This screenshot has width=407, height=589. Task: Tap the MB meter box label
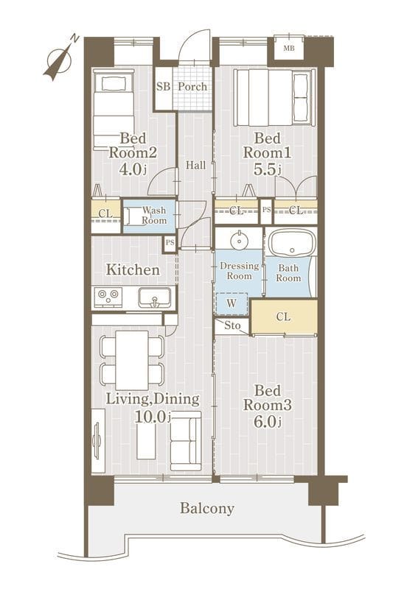point(289,48)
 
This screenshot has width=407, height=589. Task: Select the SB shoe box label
point(163,87)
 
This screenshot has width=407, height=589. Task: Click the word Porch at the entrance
point(192,87)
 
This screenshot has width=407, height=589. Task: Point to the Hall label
point(195,165)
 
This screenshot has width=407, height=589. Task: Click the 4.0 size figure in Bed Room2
point(131,169)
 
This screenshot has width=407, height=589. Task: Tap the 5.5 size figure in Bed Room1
point(265,169)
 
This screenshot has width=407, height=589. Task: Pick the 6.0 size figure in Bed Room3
point(265,421)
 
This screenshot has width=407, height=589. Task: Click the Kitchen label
point(133,269)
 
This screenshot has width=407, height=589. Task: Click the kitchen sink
point(154,297)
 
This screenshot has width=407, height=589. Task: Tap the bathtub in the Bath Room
point(293,242)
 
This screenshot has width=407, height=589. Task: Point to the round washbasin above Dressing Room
point(238,240)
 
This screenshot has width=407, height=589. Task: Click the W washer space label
point(232,303)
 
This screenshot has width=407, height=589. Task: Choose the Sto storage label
point(232,325)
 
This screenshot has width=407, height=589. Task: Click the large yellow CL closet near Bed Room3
point(284,317)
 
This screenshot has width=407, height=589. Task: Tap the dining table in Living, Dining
point(132,360)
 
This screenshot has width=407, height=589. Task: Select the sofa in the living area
point(186,440)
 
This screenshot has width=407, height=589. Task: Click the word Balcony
point(207,508)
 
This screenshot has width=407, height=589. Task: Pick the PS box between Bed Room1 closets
point(266,210)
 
